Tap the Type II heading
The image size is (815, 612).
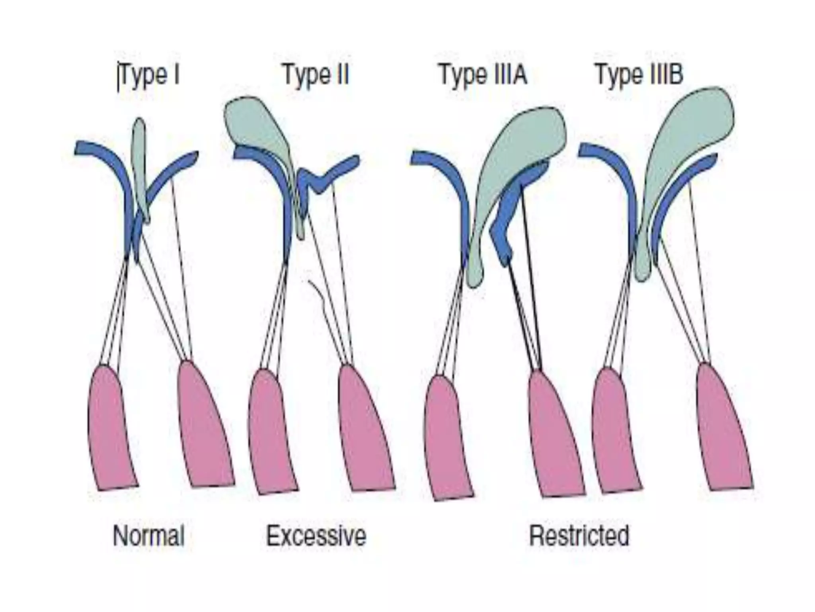pos(316,75)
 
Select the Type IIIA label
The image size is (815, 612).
pos(483,75)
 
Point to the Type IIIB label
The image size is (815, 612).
pos(639,75)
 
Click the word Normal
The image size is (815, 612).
pos(149,536)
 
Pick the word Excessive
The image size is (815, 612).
pos(316,536)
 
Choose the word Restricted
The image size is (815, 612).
pos(579,536)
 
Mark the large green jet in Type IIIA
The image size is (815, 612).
pos(513,159)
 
